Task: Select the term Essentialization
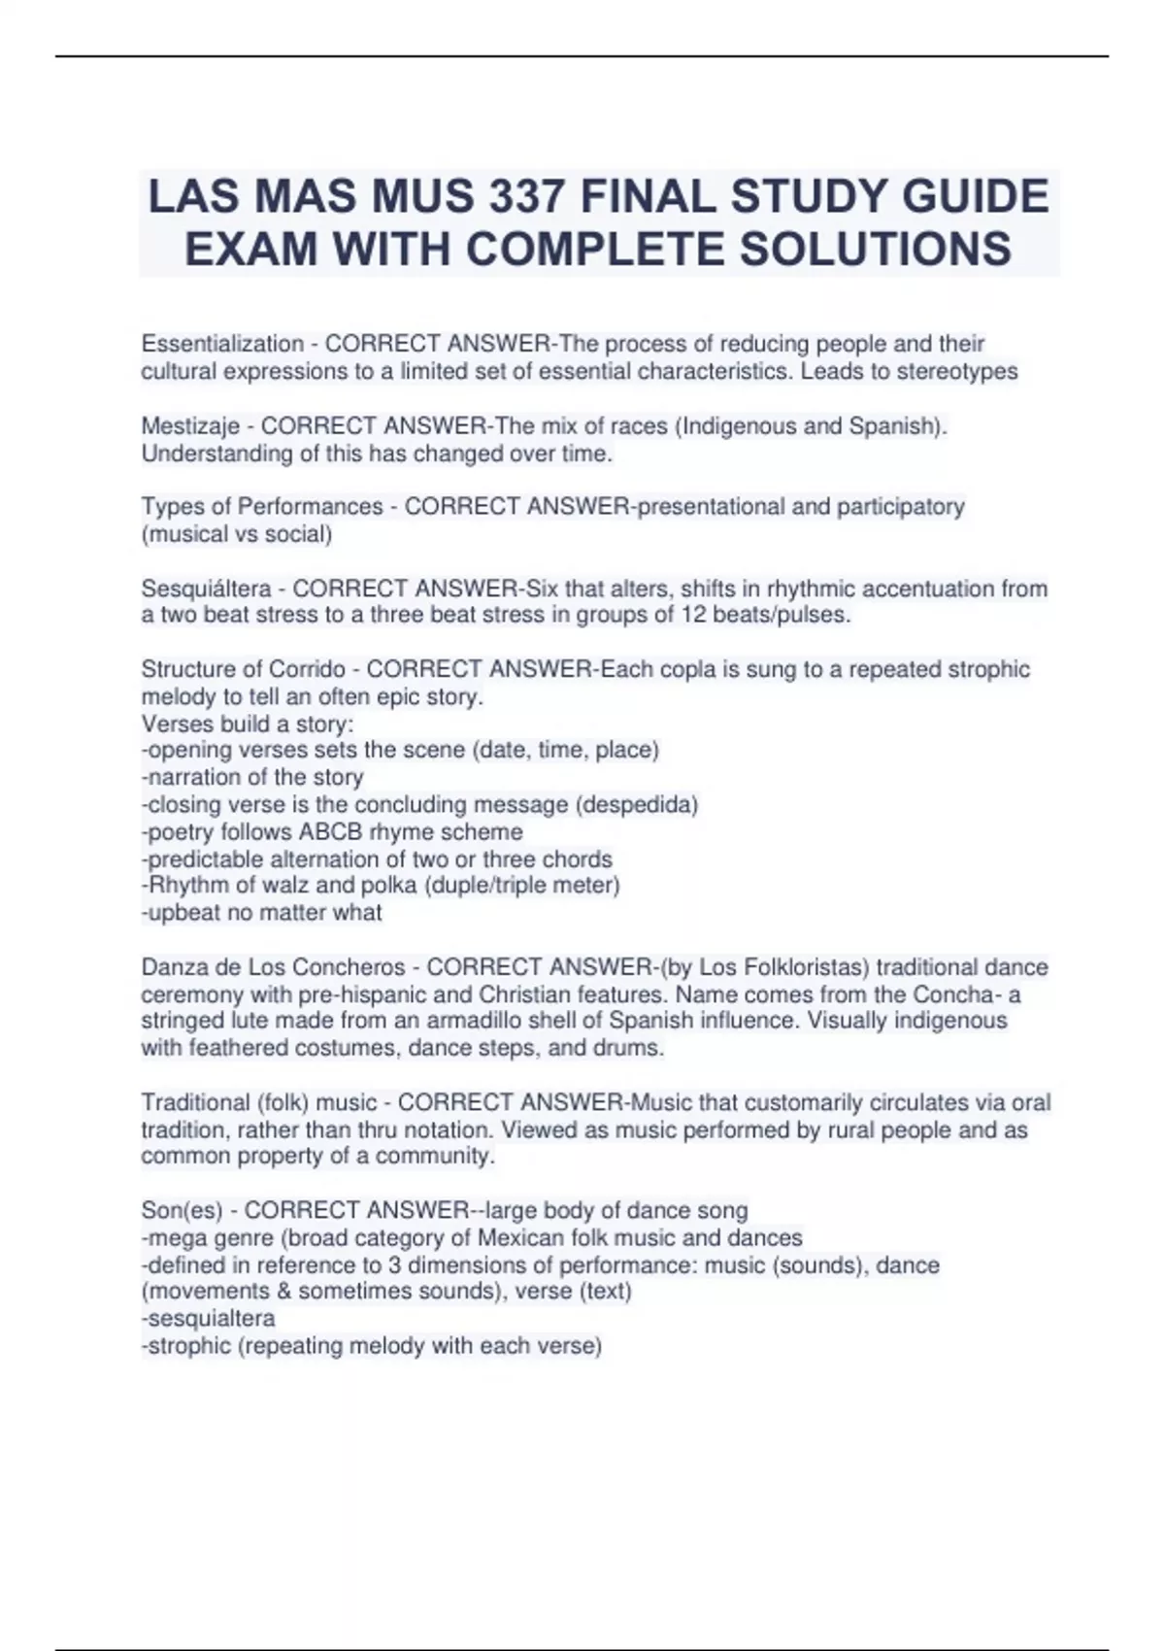click(222, 344)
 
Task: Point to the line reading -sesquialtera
click(208, 1319)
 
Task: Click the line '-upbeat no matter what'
click(261, 913)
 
